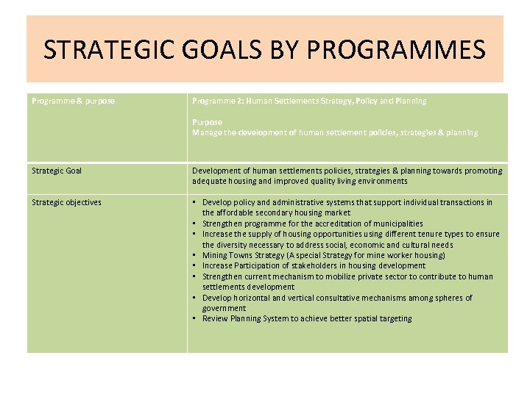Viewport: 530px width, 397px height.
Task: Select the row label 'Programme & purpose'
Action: click(73, 101)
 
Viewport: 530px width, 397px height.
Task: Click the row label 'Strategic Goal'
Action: click(57, 171)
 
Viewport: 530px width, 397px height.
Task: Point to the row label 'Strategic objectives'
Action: click(66, 202)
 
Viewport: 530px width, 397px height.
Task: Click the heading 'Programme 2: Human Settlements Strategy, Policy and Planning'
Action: click(309, 101)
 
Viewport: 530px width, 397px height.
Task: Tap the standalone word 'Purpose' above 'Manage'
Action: click(207, 122)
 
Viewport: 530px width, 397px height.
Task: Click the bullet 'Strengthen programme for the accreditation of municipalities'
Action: click(312, 223)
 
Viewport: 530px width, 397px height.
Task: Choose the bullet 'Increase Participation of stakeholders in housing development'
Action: click(314, 265)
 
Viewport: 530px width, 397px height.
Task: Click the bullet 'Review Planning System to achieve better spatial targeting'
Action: click(307, 318)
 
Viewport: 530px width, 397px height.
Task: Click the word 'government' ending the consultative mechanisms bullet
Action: click(224, 308)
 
